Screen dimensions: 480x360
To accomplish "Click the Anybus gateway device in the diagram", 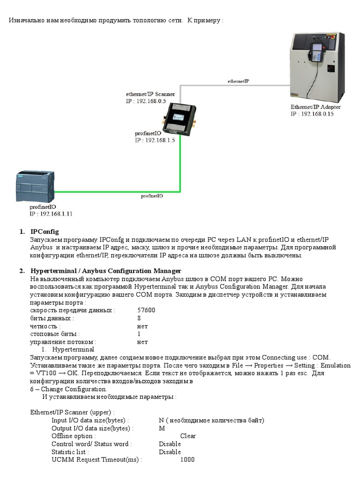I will (179, 120).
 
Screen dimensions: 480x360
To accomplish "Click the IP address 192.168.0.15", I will (317, 114).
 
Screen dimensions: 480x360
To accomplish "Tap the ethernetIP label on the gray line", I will (238, 81).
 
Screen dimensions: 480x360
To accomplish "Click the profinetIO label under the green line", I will (152, 196).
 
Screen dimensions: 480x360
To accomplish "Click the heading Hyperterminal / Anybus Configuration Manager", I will (105, 271).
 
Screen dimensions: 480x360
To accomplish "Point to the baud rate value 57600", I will (146, 310).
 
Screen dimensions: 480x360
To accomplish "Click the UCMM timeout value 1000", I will (187, 460).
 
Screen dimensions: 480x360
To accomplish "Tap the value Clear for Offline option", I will (188, 436).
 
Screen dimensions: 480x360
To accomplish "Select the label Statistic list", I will (69, 452).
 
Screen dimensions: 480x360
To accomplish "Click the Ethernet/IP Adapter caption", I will (315, 107).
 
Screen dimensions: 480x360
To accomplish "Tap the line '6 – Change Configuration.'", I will (68, 389).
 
